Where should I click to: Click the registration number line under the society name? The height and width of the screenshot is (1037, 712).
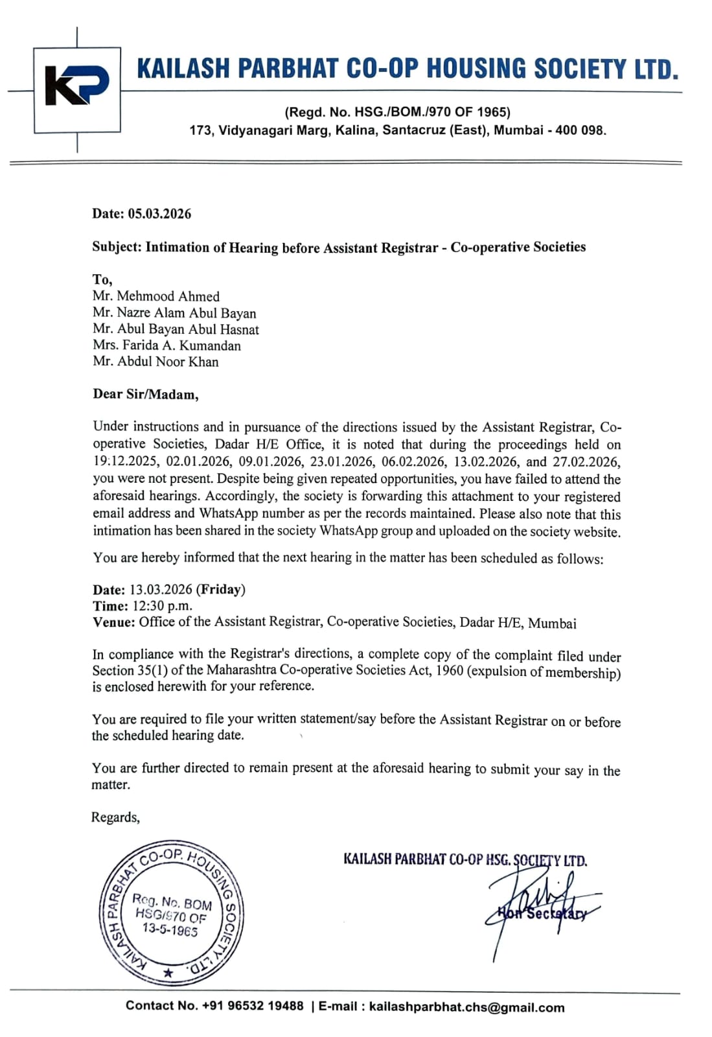point(397,112)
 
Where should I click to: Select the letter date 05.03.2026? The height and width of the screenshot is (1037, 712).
point(159,214)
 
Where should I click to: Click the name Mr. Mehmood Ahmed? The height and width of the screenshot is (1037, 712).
point(155,296)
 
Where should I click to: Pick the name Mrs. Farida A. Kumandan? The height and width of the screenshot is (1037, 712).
point(167,345)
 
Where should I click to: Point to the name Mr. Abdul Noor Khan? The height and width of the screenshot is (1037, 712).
point(155,362)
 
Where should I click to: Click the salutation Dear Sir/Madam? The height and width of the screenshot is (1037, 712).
point(146,394)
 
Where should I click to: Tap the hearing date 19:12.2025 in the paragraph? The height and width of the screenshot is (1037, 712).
point(126,462)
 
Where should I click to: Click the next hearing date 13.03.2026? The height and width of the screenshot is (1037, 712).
point(161,590)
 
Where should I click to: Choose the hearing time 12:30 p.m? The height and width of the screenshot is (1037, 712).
point(162,606)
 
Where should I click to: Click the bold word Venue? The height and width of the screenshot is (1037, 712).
point(113,622)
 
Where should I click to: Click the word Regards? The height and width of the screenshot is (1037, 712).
point(115,817)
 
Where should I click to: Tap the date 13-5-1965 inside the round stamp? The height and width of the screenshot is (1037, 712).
point(170,930)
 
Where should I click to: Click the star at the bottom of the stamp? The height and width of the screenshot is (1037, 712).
point(168,973)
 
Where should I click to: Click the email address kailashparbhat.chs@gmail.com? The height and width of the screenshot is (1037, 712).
point(466,1007)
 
